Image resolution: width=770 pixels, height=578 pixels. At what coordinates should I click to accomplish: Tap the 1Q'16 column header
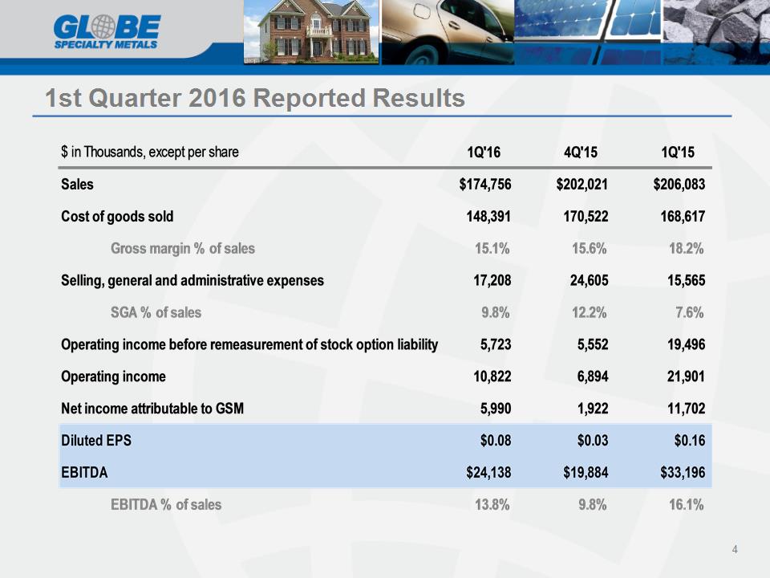(x=484, y=152)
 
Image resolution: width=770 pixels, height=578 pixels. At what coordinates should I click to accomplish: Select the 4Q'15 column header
(x=581, y=152)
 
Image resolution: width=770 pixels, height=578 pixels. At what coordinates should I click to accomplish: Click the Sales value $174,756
(x=485, y=185)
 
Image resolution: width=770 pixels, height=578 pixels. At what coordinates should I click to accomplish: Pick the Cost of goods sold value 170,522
(x=586, y=216)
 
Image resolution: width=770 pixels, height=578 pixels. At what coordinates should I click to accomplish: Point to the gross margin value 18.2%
(x=686, y=248)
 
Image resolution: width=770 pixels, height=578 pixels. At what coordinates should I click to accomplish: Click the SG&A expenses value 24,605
(x=589, y=280)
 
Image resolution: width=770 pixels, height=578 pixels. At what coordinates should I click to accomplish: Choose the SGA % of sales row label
(x=156, y=312)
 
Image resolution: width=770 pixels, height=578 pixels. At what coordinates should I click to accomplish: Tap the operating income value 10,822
(x=492, y=376)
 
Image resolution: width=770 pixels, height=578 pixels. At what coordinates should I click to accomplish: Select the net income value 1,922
(x=593, y=408)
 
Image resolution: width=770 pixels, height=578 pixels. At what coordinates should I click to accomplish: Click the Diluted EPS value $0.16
(x=690, y=441)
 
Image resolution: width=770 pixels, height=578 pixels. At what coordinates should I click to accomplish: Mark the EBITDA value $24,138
(x=488, y=472)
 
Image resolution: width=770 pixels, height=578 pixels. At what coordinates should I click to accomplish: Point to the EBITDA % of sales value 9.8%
(x=592, y=504)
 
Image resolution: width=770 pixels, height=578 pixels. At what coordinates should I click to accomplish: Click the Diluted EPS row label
(x=96, y=441)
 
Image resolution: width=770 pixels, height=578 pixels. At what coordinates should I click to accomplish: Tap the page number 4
(x=735, y=549)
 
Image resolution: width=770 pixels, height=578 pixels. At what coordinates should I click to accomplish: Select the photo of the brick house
(x=311, y=32)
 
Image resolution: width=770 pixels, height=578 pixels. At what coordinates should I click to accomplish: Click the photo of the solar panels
(x=588, y=32)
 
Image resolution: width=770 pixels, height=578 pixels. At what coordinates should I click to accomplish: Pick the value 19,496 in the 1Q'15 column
(x=686, y=344)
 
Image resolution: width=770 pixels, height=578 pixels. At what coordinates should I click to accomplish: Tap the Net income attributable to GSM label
(x=152, y=408)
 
